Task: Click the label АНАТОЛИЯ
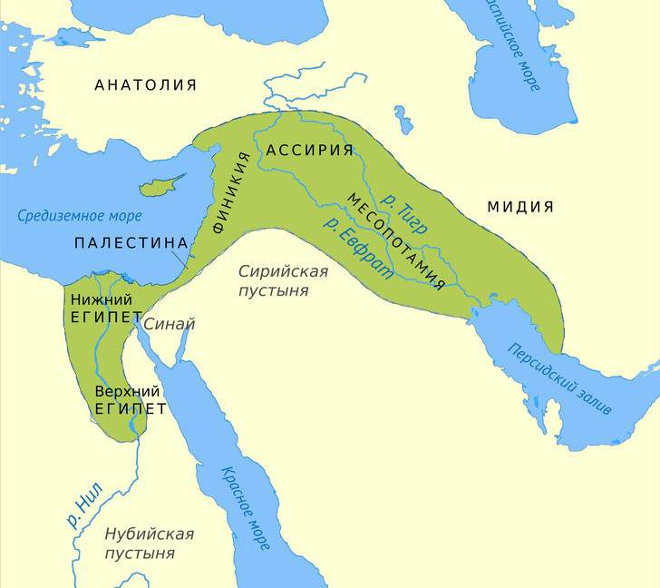click(145, 85)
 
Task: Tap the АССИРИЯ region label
click(309, 150)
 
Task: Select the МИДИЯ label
click(520, 207)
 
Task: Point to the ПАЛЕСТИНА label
click(131, 243)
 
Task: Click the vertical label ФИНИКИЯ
click(231, 194)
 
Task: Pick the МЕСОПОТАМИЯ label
click(395, 240)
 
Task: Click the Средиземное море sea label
click(80, 216)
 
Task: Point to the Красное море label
click(245, 508)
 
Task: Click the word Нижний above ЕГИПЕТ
click(102, 299)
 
